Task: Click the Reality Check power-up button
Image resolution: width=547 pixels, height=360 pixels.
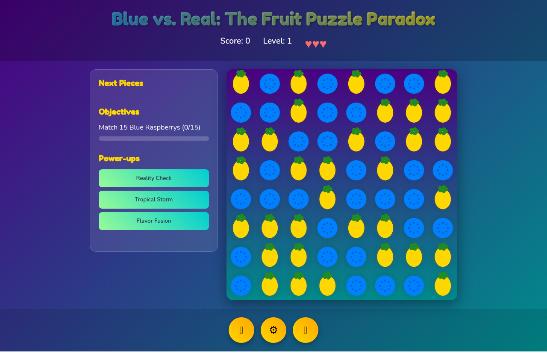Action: click(x=154, y=178)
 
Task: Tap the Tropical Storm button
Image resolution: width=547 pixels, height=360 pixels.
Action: click(x=154, y=200)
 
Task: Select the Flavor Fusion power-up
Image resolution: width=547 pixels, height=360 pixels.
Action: click(x=154, y=221)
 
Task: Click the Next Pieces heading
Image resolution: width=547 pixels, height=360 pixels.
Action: click(x=121, y=83)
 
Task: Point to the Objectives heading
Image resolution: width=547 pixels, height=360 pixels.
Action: click(x=119, y=112)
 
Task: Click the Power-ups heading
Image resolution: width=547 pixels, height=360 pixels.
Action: click(x=119, y=158)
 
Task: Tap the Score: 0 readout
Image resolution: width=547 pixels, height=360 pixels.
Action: click(x=235, y=41)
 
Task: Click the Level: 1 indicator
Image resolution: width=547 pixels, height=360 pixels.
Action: click(x=277, y=41)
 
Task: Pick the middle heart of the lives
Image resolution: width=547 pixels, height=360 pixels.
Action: click(x=316, y=44)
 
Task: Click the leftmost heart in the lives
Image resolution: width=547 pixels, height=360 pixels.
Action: click(x=308, y=44)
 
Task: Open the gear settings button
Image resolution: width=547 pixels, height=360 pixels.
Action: click(x=273, y=330)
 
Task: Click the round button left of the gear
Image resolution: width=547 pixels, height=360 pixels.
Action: click(x=241, y=330)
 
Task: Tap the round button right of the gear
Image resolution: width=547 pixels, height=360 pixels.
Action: click(x=306, y=330)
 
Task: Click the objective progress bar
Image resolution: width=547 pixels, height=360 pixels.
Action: click(x=154, y=139)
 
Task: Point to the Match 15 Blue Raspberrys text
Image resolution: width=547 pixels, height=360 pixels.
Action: click(x=150, y=127)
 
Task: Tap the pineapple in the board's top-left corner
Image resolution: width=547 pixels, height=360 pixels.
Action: click(x=241, y=83)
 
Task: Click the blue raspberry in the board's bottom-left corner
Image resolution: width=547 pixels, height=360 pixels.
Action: click(x=241, y=286)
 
